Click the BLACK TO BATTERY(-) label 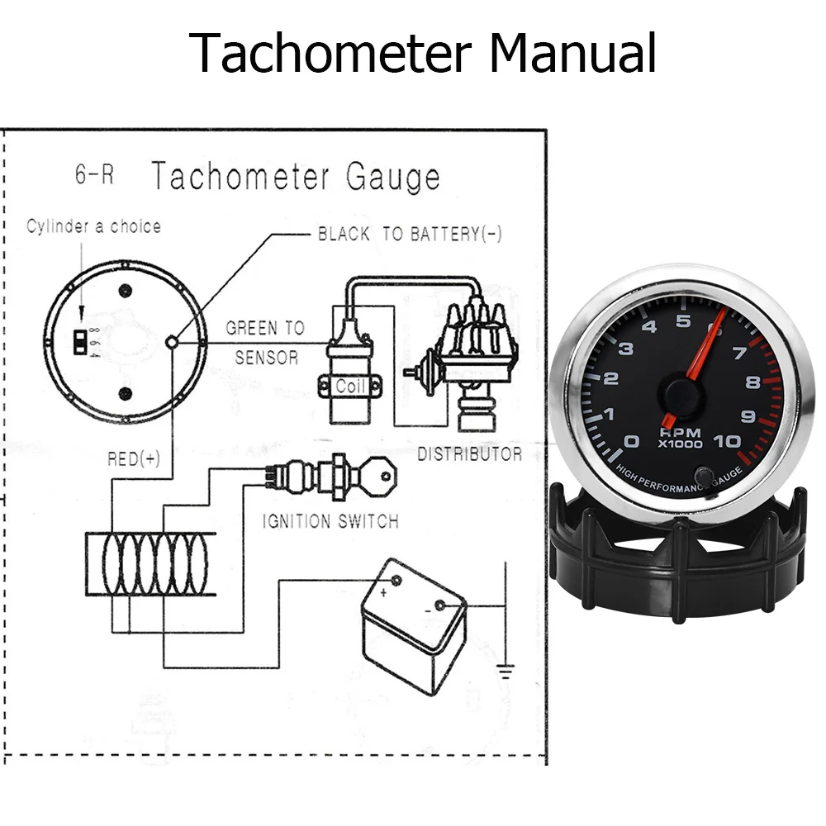(x=410, y=234)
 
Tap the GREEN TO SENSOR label (x=265, y=343)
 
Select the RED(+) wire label (x=134, y=459)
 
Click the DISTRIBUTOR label (x=469, y=454)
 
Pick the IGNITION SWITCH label (x=330, y=521)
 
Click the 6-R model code (x=95, y=176)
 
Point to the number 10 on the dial (x=727, y=441)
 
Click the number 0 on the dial (x=633, y=441)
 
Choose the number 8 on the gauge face (x=752, y=382)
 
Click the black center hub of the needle (x=681, y=392)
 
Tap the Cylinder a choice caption (x=93, y=226)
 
